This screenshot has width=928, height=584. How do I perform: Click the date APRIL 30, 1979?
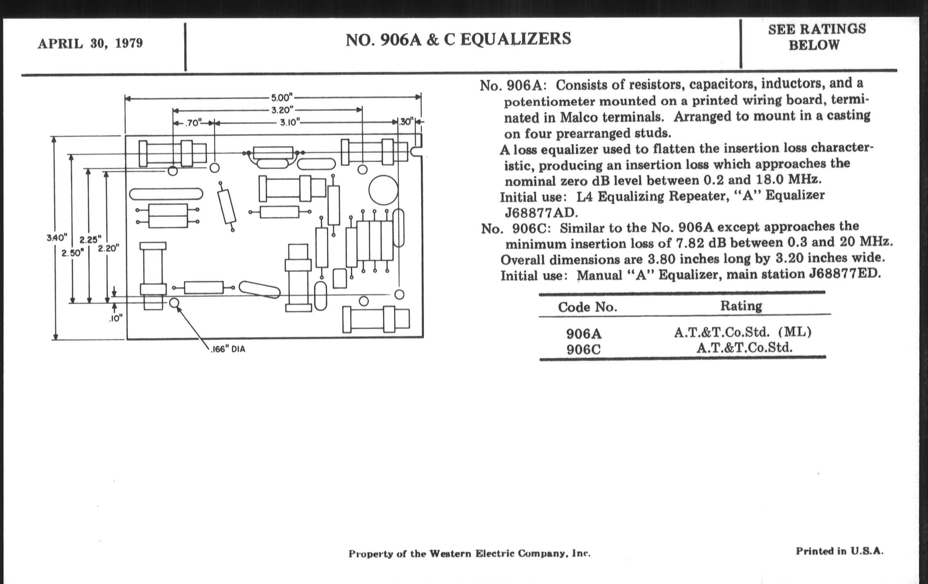(x=90, y=44)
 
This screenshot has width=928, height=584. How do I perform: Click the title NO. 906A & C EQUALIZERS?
(x=458, y=39)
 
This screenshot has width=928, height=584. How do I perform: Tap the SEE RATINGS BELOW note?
(x=817, y=37)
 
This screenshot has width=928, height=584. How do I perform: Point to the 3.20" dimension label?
(x=282, y=110)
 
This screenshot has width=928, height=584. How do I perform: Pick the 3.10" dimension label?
(x=290, y=123)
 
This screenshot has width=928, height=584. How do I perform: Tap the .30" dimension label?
(x=406, y=122)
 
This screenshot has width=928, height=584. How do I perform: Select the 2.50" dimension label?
(x=72, y=253)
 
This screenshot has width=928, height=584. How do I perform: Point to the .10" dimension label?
(x=116, y=319)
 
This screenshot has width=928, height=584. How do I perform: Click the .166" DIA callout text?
(x=228, y=349)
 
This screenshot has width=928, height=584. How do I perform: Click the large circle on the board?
(x=383, y=190)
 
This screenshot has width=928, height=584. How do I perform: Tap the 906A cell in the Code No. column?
(x=583, y=334)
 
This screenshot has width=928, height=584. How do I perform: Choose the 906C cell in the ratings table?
(x=583, y=350)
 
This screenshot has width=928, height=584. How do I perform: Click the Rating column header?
(x=741, y=306)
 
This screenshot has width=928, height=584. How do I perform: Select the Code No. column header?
(x=587, y=307)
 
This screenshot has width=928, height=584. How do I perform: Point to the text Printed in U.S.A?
(x=839, y=551)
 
